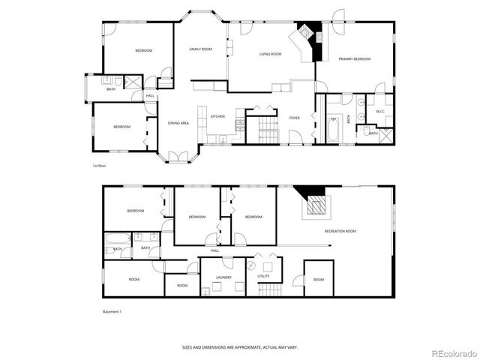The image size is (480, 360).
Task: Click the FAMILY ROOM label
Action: (x=200, y=49)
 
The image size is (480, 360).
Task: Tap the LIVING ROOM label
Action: (x=270, y=54)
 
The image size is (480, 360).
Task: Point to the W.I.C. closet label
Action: (x=379, y=112)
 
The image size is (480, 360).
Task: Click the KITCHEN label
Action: (x=217, y=116)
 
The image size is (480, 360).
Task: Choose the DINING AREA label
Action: (x=178, y=122)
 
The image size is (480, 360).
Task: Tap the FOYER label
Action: (x=295, y=118)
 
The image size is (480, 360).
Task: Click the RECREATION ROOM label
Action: (x=340, y=231)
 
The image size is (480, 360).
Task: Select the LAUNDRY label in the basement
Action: (x=223, y=277)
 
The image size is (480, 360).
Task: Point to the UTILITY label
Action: (x=263, y=276)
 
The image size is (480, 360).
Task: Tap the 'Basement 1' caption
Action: (x=112, y=310)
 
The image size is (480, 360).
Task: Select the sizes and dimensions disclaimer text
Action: (x=239, y=347)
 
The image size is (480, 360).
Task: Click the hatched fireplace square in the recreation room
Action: (x=316, y=206)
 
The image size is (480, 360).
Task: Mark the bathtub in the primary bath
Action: (x=334, y=129)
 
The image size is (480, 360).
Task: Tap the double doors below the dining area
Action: (x=178, y=157)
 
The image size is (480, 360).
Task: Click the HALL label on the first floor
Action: (x=150, y=96)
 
